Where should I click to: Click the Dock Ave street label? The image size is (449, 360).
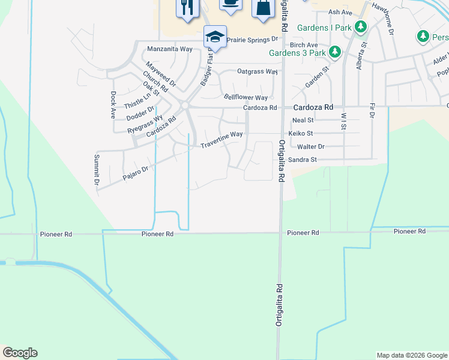point(113,105)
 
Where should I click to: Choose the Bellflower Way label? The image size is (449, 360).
point(246,97)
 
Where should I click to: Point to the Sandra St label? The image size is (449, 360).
point(302,160)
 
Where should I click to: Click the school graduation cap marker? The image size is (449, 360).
point(214,37)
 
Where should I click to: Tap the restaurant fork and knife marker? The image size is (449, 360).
point(187,8)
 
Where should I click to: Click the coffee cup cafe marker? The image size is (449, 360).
point(229,3)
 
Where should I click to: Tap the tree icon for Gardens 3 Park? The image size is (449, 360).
point(336,52)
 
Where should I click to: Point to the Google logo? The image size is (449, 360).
point(20,353)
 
